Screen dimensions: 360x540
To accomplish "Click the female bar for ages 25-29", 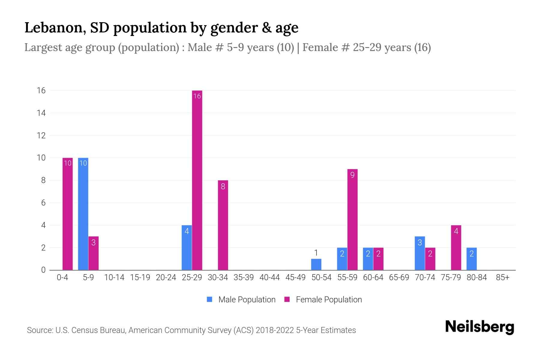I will pyautogui.click(x=197, y=180).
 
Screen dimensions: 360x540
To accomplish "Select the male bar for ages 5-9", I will pyautogui.click(x=83, y=214).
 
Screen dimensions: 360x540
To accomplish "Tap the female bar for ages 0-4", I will pyautogui.click(x=67, y=214).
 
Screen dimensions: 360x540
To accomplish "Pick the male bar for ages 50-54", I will pyautogui.click(x=316, y=264).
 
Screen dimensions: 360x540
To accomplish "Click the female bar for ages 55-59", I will pyautogui.click(x=352, y=219).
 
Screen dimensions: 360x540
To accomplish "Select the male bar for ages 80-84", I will pyautogui.click(x=472, y=259).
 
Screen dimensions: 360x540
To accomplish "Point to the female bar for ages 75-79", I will pyautogui.click(x=456, y=247).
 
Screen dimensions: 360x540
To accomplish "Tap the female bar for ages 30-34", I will pyautogui.click(x=223, y=225).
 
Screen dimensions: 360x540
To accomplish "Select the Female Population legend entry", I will pyautogui.click(x=323, y=299).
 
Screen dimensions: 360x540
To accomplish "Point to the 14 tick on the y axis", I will pyautogui.click(x=41, y=113).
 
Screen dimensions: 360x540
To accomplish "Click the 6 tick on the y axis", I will pyautogui.click(x=43, y=203).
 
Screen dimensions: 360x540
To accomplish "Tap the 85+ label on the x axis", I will pyautogui.click(x=502, y=277).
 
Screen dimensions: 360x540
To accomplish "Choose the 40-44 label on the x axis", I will pyautogui.click(x=269, y=277).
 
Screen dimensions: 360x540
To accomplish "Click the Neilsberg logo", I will pyautogui.click(x=479, y=327).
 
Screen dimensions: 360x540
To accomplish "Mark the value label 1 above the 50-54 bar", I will pyautogui.click(x=316, y=253).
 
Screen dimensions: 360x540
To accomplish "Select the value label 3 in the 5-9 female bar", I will pyautogui.click(x=93, y=242).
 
